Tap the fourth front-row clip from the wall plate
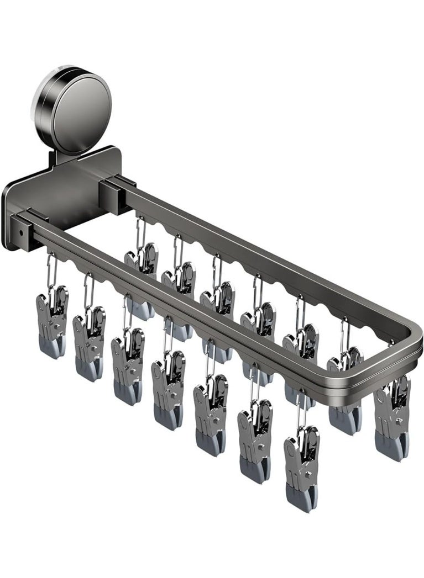click(x=169, y=389)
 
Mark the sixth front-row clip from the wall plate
click(x=255, y=439)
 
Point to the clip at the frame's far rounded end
click(x=392, y=417)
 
